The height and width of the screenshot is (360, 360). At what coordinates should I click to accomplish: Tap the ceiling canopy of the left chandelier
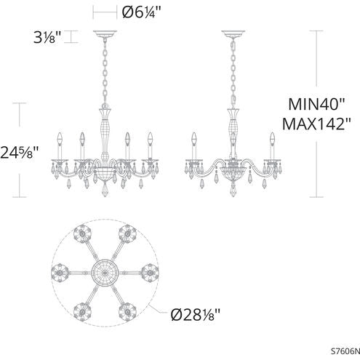click(x=104, y=33)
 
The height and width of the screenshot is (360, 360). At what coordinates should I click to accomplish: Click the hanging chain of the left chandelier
click(x=104, y=73)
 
